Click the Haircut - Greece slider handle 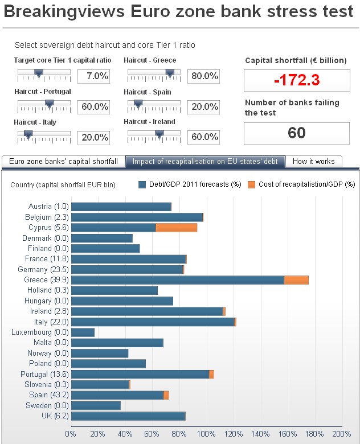click(x=169, y=73)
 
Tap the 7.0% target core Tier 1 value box click(x=93, y=76)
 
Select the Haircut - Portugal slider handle click(x=49, y=104)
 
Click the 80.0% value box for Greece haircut click(x=203, y=76)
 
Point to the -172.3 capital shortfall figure click(x=296, y=80)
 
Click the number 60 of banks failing click(x=296, y=133)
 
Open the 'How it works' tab click(x=313, y=162)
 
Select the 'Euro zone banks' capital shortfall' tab click(x=63, y=162)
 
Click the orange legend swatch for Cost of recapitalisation click(x=252, y=184)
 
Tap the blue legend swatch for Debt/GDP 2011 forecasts click(x=142, y=184)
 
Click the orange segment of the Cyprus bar click(x=177, y=228)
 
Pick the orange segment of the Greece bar click(x=296, y=280)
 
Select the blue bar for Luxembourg click(x=83, y=332)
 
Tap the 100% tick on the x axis click(x=206, y=434)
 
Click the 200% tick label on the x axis click(x=341, y=434)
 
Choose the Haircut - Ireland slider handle click(x=159, y=134)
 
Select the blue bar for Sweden click(x=96, y=405)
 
